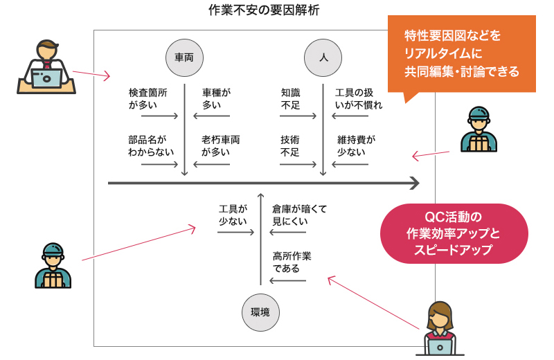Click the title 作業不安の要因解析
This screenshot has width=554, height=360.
click(264, 10)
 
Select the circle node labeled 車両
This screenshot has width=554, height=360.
click(184, 57)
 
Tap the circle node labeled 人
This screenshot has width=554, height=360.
click(323, 57)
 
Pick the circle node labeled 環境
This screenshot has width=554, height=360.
click(260, 312)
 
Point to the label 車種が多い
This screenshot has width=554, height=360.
click(216, 98)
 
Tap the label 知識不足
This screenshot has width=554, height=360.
click(290, 98)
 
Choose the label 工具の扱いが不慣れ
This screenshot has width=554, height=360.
click(358, 98)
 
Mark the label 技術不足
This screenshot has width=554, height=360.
click(290, 145)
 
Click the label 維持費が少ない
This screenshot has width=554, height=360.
click(356, 145)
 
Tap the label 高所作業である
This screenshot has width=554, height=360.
click(292, 262)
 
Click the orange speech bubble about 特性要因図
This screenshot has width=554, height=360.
click(461, 54)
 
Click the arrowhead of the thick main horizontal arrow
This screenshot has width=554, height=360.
click(414, 183)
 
